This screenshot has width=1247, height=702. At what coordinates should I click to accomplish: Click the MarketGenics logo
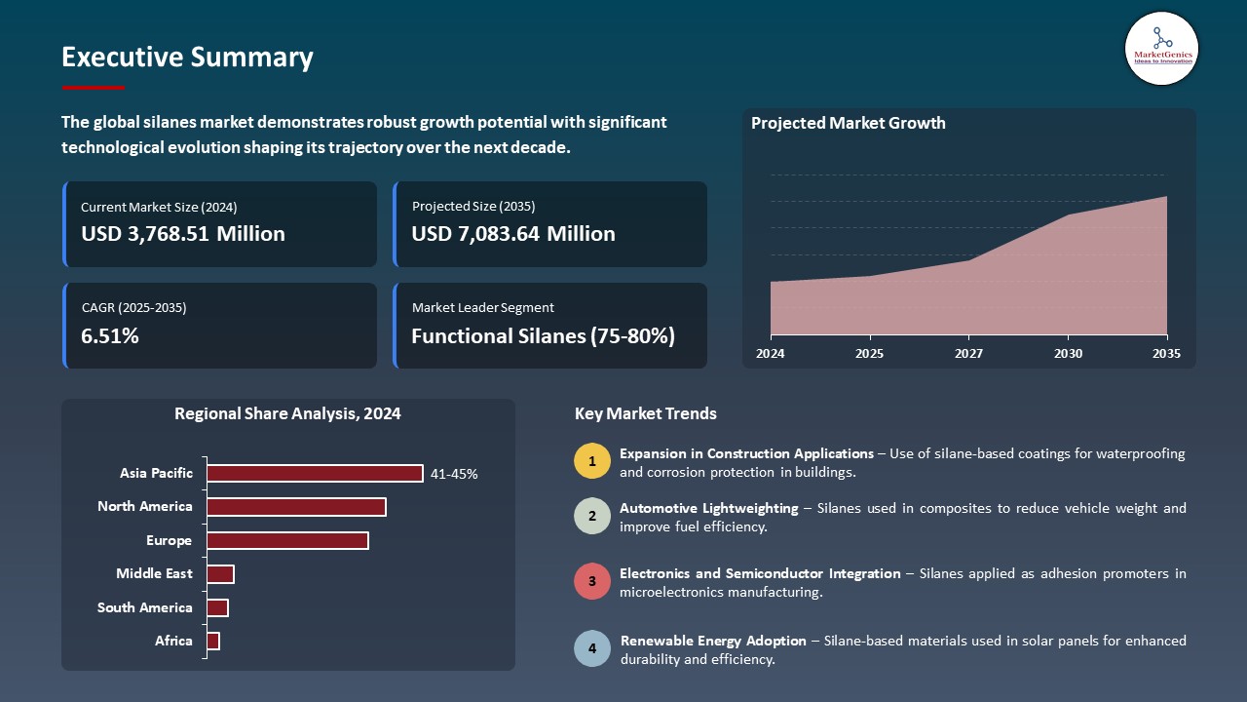coord(1161,48)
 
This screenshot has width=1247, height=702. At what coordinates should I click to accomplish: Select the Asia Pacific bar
coord(315,474)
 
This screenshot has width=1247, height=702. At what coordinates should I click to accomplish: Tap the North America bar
coord(296,507)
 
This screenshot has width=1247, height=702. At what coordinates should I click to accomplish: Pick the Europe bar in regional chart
coord(287,540)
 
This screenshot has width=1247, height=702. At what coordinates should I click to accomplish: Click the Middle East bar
coord(220,574)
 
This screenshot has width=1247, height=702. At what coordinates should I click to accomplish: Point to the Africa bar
coord(213,641)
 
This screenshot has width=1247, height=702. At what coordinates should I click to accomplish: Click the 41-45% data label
coord(454,475)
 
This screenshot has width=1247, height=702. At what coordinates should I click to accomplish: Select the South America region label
coord(145,607)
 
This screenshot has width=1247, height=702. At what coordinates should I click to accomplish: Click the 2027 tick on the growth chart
coord(968,353)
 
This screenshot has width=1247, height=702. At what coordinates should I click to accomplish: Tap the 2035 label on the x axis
coord(1166,353)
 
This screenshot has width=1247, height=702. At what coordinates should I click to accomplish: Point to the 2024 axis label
coord(771,353)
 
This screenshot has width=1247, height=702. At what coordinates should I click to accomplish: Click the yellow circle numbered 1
coord(591,461)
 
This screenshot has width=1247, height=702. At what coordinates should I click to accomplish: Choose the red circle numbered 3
coord(591,581)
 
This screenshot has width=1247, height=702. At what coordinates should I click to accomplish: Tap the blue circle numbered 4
coord(591,648)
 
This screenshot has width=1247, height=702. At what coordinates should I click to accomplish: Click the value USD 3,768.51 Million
coord(183,234)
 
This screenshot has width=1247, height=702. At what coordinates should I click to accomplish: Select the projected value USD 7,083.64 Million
coord(513,234)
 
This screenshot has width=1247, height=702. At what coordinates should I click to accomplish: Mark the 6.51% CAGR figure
coord(110,336)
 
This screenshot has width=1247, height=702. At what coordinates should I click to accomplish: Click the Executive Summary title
coord(187,58)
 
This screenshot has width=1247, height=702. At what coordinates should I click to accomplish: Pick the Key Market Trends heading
coord(646,413)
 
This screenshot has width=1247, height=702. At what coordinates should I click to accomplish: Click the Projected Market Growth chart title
coord(848,123)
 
